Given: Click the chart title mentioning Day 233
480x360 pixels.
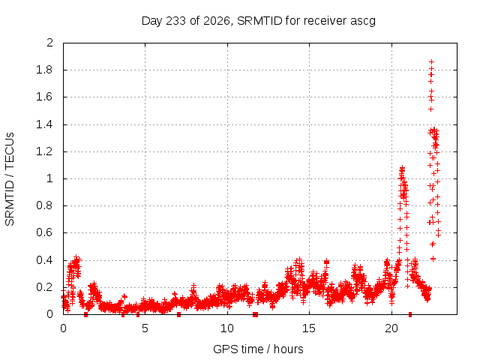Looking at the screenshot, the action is pyautogui.click(x=258, y=21).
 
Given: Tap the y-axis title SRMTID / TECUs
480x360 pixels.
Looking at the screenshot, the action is pyautogui.click(x=10, y=179).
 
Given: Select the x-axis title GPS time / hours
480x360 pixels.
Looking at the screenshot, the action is pyautogui.click(x=258, y=349).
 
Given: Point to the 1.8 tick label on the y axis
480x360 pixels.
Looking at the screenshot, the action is pyautogui.click(x=44, y=70).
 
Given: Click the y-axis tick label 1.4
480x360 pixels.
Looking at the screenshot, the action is pyautogui.click(x=44, y=124).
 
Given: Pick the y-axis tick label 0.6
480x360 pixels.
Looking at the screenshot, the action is pyautogui.click(x=44, y=232).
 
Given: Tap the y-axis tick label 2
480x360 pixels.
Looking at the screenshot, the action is pyautogui.click(x=49, y=43).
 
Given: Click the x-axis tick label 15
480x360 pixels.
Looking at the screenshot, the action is pyautogui.click(x=309, y=328).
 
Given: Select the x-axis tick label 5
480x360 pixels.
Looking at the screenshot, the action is pyautogui.click(x=145, y=328).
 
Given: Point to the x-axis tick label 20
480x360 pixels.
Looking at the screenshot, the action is pyautogui.click(x=391, y=328).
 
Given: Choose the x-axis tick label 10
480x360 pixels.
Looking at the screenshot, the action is pyautogui.click(x=226, y=328).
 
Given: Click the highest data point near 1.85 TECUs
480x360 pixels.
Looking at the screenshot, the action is pyautogui.click(x=432, y=61).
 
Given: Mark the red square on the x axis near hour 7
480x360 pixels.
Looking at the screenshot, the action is pyautogui.click(x=178, y=315).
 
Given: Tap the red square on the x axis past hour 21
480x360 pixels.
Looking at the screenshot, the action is pyautogui.click(x=410, y=314).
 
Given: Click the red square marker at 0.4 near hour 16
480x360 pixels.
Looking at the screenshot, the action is pyautogui.click(x=327, y=262).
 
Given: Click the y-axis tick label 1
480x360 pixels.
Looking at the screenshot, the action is pyautogui.click(x=49, y=178).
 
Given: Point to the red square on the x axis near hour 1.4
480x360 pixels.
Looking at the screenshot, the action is pyautogui.click(x=85, y=315).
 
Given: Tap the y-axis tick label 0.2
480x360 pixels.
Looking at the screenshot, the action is pyautogui.click(x=44, y=287).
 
